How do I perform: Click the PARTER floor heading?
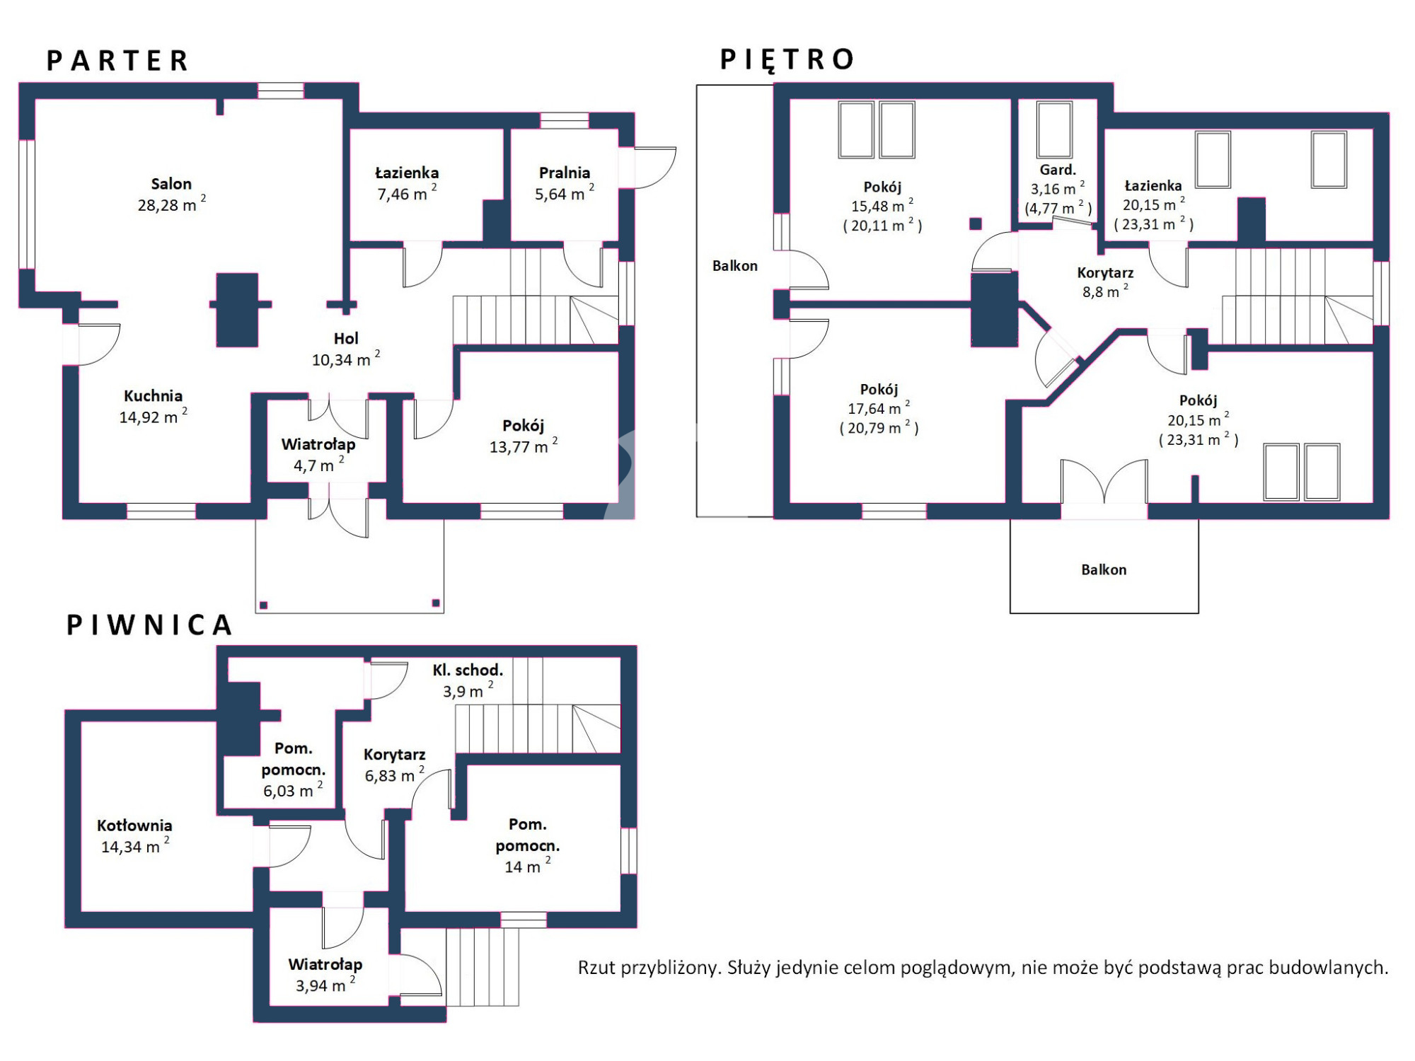tap(117, 61)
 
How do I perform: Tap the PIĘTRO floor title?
tap(787, 60)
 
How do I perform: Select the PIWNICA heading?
tap(149, 625)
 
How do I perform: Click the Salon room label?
tap(171, 184)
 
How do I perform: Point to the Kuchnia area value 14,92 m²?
tap(153, 417)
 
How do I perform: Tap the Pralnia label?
tap(564, 173)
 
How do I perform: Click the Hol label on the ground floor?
tap(346, 339)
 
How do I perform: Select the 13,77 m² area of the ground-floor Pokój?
tap(524, 446)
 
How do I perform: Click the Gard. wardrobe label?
tap(1058, 170)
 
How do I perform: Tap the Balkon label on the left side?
tap(734, 266)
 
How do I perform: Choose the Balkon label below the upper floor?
tap(1104, 569)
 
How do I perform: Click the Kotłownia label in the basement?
tap(134, 825)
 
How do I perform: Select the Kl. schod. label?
tap(468, 670)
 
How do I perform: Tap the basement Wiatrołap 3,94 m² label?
tap(325, 975)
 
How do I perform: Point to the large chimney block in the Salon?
tap(237, 310)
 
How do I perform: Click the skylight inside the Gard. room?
tap(1054, 129)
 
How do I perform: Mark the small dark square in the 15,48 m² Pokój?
tap(976, 224)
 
